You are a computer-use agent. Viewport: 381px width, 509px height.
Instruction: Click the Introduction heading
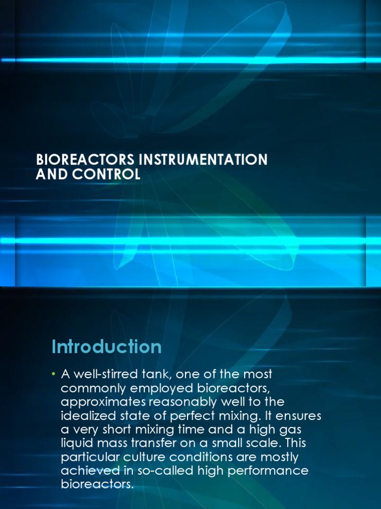107,346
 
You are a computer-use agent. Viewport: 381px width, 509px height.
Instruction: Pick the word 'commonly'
88,387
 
